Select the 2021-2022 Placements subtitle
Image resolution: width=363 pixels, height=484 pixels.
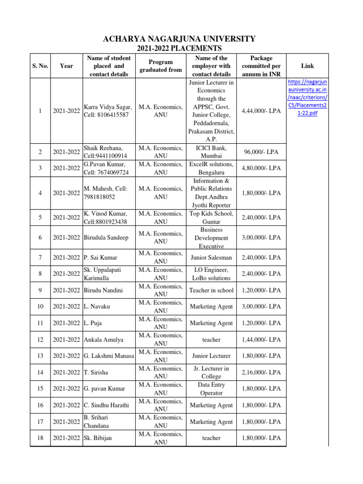(179, 49)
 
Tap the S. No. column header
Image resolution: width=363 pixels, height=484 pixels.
(40, 66)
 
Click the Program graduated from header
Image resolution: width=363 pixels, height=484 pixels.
(161, 66)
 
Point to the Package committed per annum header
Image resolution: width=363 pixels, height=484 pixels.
(261, 66)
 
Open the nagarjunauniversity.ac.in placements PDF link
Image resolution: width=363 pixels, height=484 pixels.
(308, 98)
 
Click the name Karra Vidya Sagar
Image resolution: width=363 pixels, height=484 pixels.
(107, 107)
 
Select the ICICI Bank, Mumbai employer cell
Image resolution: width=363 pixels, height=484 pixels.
(211, 152)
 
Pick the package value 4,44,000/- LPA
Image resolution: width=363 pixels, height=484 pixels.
(261, 111)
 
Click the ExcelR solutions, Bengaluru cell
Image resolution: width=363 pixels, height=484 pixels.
(211, 168)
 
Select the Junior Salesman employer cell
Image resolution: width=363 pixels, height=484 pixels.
(211, 258)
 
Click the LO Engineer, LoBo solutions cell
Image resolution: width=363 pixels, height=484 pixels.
(211, 274)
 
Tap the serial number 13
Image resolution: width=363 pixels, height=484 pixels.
(40, 356)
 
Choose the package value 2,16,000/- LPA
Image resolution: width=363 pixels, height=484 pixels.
(261, 372)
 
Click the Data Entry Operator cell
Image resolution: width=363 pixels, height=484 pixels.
(211, 389)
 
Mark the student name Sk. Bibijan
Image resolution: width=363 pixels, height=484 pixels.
(98, 438)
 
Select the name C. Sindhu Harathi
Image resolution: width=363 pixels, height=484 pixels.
(108, 405)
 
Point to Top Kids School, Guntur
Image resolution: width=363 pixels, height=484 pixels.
(211, 217)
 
